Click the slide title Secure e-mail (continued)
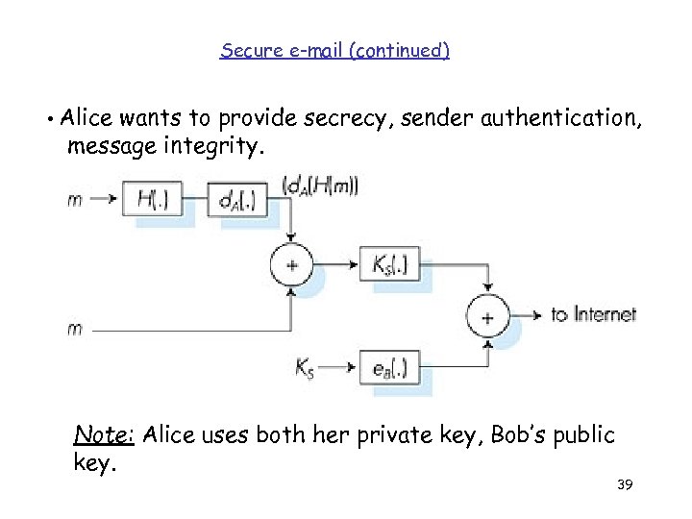[x=334, y=50]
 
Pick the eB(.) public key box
[x=389, y=367]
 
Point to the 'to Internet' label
[x=593, y=314]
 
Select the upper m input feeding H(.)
[x=74, y=200]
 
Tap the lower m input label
[x=74, y=329]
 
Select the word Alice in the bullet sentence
[x=86, y=119]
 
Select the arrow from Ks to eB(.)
[x=342, y=367]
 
